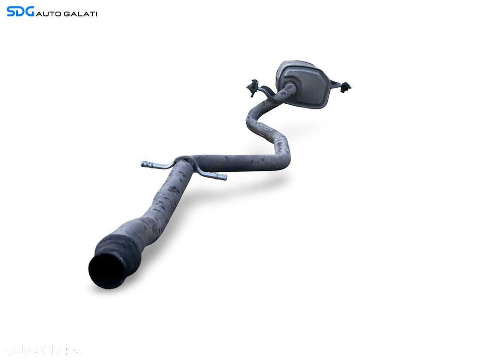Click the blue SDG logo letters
tap(20, 12)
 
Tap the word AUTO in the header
tap(50, 14)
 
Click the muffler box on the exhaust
tap(304, 84)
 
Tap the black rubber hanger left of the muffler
tap(252, 88)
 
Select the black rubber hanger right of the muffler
tap(345, 87)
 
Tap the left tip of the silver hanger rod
tap(144, 164)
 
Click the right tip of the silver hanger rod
tap(223, 178)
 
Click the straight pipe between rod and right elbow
tap(235, 162)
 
